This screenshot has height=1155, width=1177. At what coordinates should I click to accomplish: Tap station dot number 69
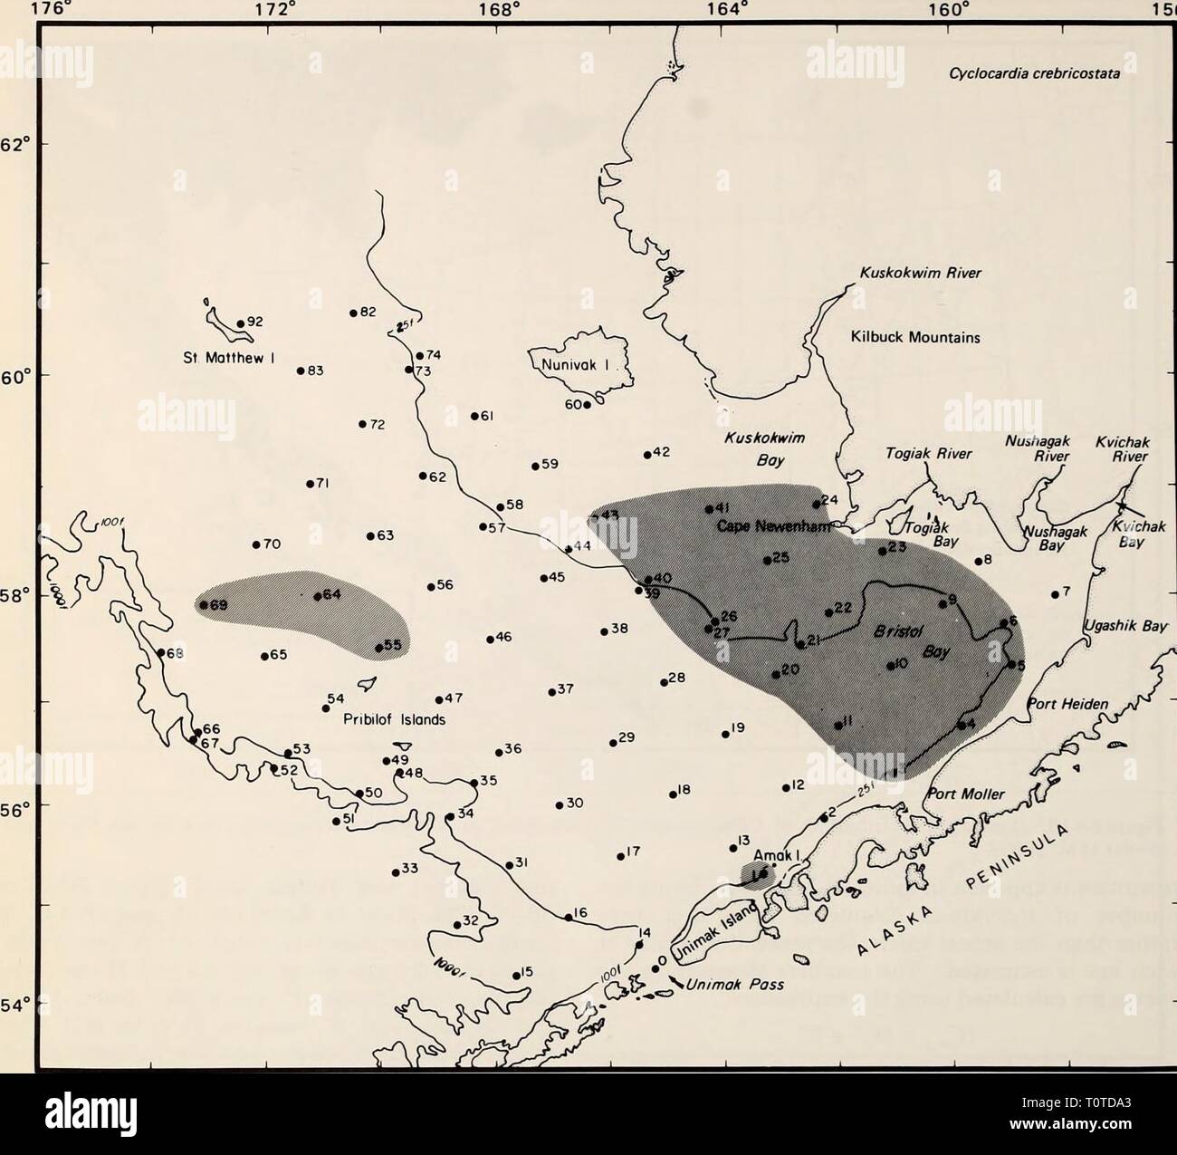(205, 604)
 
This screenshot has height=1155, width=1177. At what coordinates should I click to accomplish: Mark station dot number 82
(353, 313)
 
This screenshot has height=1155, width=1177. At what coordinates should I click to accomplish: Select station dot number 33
(396, 872)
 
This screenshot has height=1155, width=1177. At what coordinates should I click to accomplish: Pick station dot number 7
(1056, 594)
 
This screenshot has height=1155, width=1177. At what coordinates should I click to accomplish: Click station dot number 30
(559, 804)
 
